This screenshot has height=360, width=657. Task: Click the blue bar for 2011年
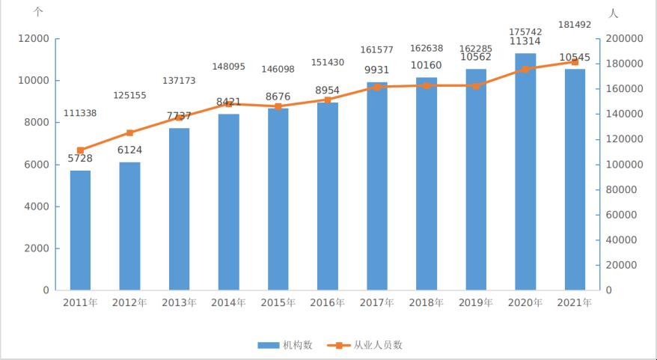80,230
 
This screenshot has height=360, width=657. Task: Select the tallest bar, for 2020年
525,171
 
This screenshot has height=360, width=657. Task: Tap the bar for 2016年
327,196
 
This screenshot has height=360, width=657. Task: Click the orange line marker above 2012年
129,133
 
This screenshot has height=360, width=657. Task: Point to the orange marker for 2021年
575,62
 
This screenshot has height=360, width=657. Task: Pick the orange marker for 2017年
376,87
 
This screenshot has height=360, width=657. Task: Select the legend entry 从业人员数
368,345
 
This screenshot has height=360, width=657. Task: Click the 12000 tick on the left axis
34,39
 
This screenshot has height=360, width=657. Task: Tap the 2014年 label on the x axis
228,303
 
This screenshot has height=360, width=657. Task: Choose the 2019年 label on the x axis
476,303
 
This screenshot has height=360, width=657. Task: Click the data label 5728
80,159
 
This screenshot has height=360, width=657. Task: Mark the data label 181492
575,25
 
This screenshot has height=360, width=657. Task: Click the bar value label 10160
427,65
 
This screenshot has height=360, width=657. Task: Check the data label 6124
129,150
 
